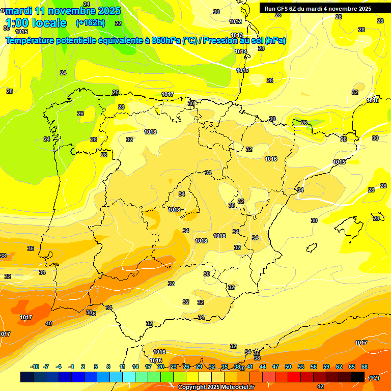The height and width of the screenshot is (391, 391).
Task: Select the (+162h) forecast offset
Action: tap(91, 22)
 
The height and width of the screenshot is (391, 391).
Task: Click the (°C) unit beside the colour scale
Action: tap(374, 377)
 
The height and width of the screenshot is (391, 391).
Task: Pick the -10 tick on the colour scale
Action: tap(35, 367)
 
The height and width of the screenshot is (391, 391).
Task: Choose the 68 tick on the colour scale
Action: tap(365, 367)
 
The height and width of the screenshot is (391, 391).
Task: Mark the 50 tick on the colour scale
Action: tap(288, 367)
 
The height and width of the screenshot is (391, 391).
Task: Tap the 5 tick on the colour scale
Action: tap(96, 367)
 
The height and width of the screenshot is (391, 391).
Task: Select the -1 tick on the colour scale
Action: tap(71, 367)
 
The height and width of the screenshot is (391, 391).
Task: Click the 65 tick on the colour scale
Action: tap(352, 367)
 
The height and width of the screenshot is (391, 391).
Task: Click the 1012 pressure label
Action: tap(235, 21)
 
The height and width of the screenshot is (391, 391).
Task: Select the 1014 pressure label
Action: tap(241, 51)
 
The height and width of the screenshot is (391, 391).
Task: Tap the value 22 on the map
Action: tap(118, 23)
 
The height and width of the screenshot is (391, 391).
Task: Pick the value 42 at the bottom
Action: tap(320, 386)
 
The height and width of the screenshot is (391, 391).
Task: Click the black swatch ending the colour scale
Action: tap(358, 377)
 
